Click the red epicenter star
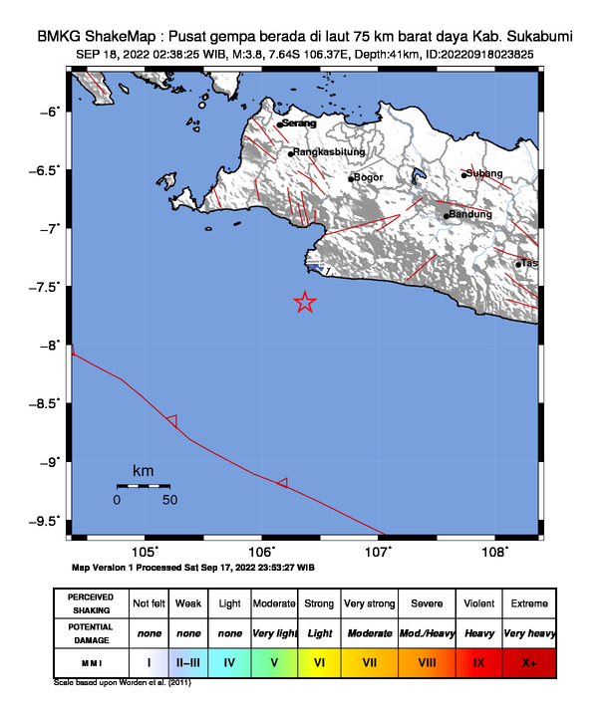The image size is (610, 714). (x=305, y=303)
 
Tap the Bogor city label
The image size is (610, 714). (x=369, y=177)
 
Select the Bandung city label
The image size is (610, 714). (x=470, y=214)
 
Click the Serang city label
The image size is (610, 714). (x=299, y=123)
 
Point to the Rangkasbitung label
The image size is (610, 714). (x=328, y=152)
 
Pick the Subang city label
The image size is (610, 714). (x=484, y=173)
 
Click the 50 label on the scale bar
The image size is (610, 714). (x=169, y=500)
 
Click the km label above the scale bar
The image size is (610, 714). (x=144, y=470)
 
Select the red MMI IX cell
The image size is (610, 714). (x=478, y=660)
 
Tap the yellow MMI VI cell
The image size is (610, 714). (x=319, y=660)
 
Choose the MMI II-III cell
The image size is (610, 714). (x=188, y=660)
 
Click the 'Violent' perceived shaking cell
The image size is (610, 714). (x=478, y=603)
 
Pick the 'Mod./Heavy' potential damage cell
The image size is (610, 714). (x=426, y=632)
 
